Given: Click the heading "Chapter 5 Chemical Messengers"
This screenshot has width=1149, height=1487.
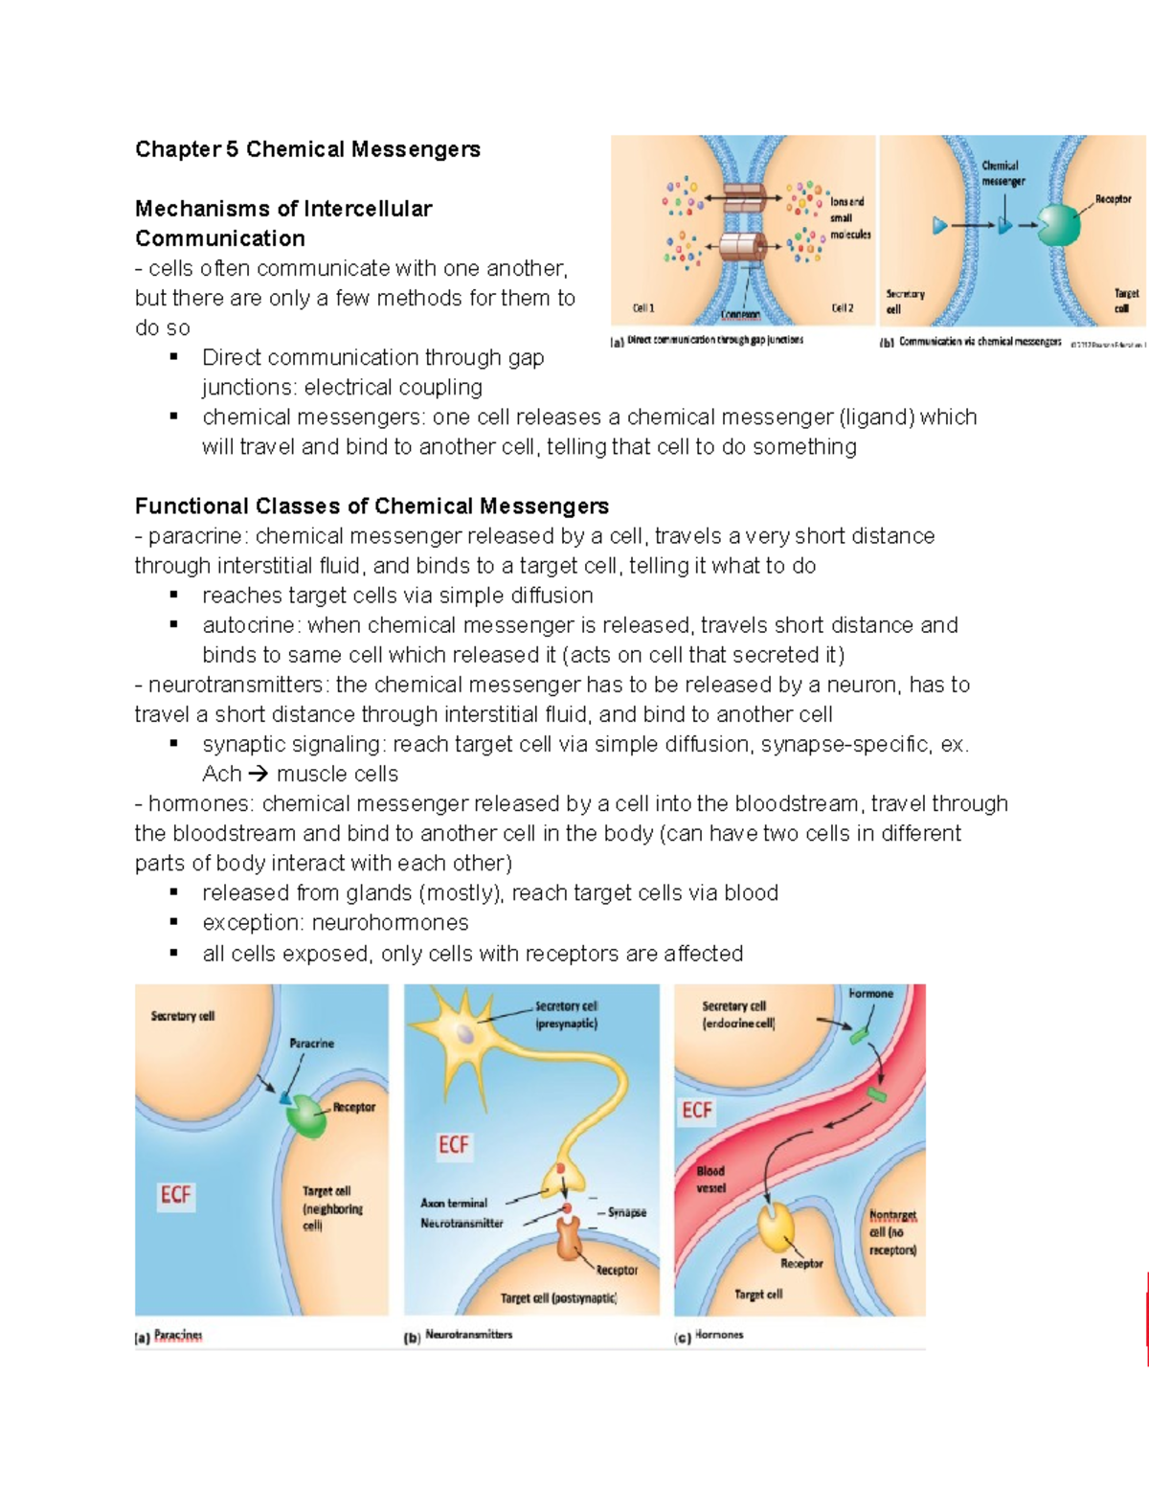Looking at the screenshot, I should (307, 149).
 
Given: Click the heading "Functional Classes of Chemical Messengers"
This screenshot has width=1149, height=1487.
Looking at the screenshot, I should (372, 506).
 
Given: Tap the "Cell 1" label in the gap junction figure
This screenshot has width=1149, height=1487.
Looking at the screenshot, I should (643, 308).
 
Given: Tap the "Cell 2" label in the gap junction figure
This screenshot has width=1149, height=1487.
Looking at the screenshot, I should (842, 308).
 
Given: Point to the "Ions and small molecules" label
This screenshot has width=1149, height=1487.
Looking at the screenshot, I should (849, 218).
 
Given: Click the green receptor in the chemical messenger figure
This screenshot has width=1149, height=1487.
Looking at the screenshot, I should (1058, 225).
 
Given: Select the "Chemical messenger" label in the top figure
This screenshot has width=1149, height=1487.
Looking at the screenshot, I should (1003, 173).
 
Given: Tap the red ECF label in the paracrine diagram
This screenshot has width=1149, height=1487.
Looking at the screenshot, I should (176, 1195).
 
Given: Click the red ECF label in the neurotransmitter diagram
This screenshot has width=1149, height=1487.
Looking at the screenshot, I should (454, 1145).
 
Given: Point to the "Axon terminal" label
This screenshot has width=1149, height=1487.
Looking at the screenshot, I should (454, 1203).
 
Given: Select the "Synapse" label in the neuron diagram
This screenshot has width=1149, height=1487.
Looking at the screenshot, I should (627, 1212).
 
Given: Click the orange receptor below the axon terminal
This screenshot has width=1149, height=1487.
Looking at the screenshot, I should (569, 1237).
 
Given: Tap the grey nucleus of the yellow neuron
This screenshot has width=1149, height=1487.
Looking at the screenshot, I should (464, 1034).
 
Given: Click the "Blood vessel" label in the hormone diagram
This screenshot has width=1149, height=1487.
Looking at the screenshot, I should (710, 1180).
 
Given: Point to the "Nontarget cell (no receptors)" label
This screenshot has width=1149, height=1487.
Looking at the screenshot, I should (892, 1232).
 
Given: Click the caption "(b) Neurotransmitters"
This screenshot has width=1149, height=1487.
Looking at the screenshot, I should (459, 1336).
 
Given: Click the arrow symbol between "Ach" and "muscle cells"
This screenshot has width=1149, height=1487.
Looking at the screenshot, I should (259, 774).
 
